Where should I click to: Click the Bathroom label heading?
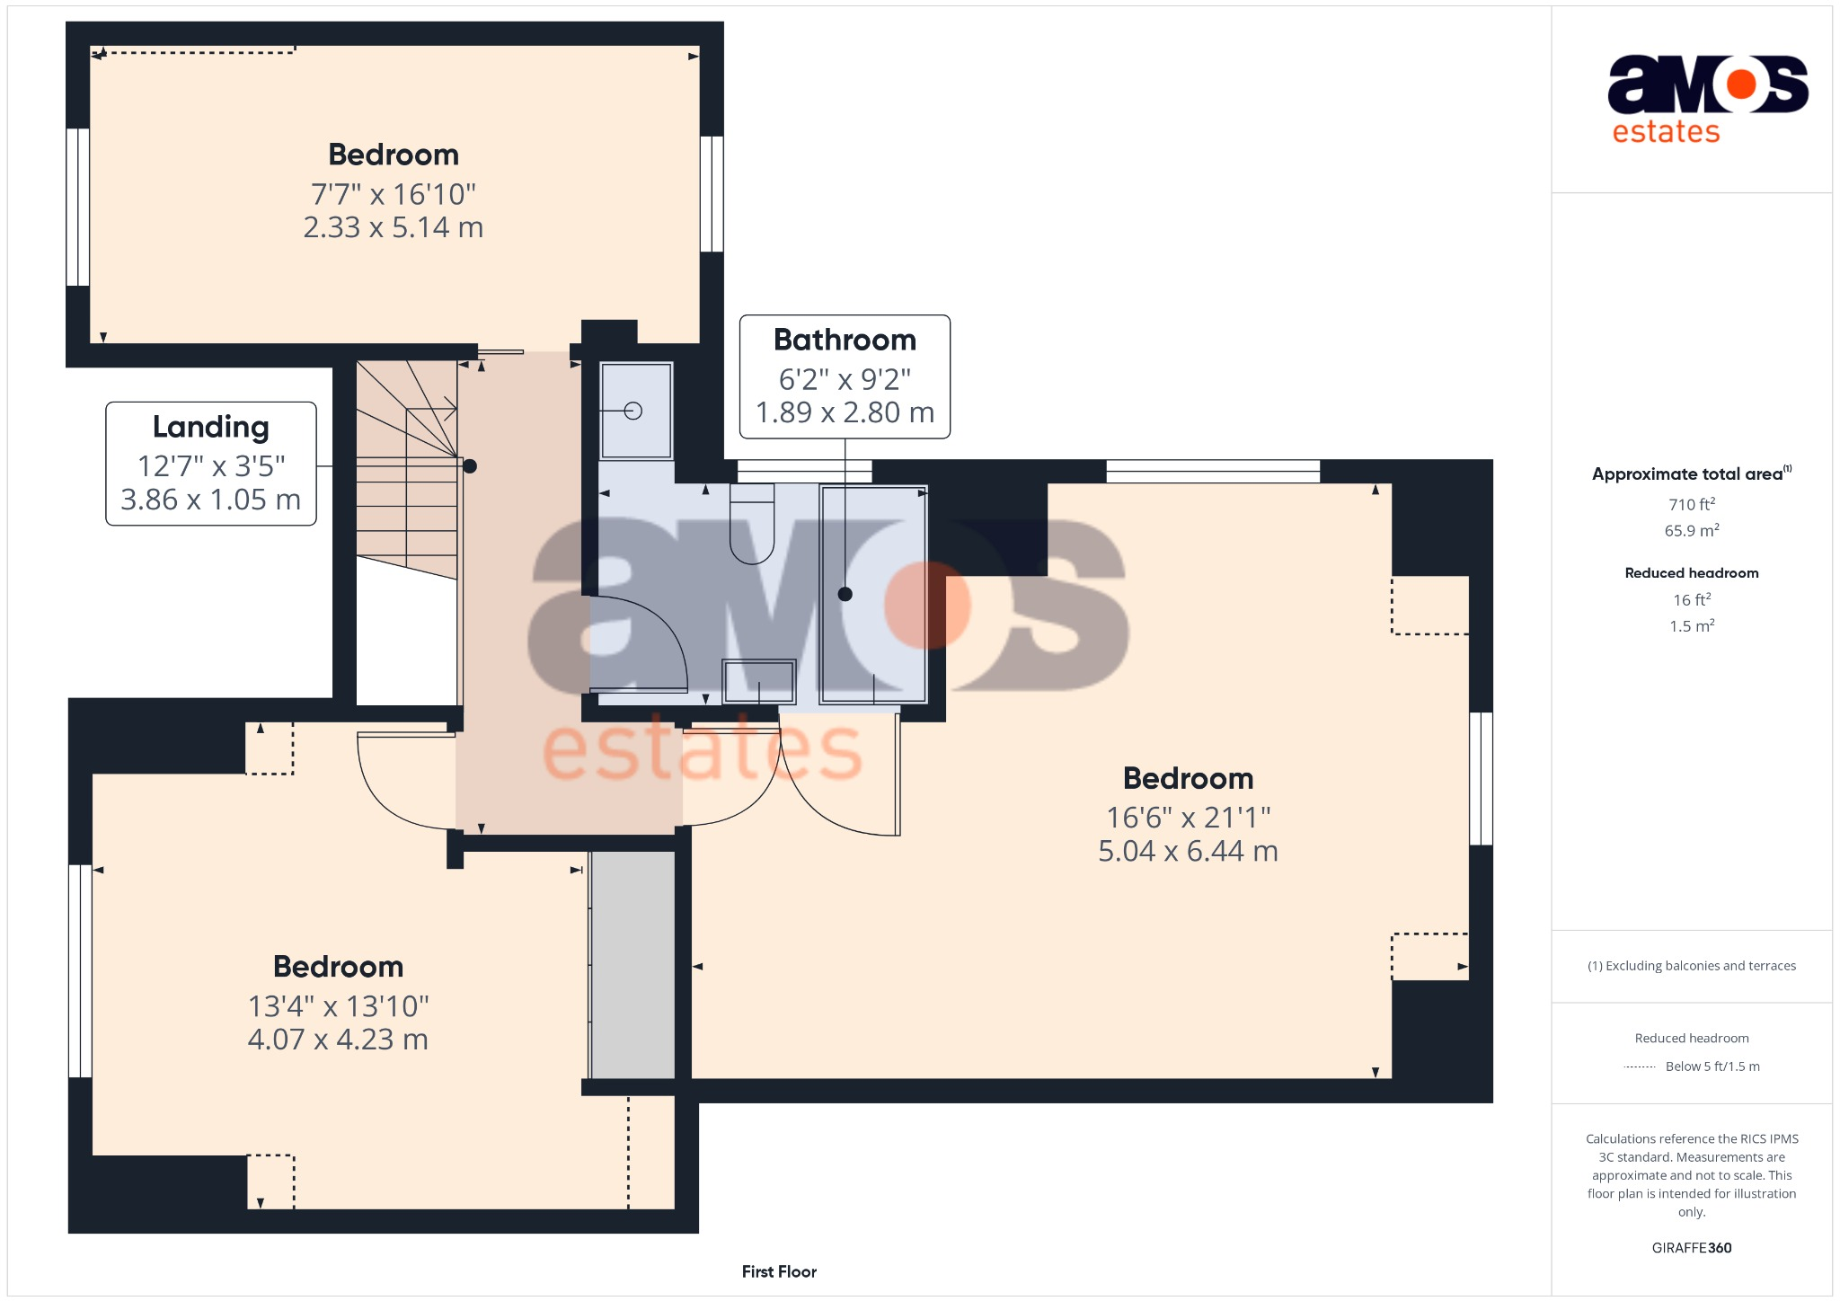click(845, 341)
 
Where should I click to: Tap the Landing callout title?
click(210, 427)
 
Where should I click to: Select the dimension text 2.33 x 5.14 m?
click(393, 227)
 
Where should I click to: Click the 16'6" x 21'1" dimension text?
click(1188, 818)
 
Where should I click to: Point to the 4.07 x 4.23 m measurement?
click(338, 1040)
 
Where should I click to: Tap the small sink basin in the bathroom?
click(759, 682)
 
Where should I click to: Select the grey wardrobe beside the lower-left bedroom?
click(633, 964)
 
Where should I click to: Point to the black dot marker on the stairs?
click(470, 466)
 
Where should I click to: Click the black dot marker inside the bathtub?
click(845, 594)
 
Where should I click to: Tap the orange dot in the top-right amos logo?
click(1741, 84)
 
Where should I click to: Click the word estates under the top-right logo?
click(1666, 132)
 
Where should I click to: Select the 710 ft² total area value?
click(1692, 505)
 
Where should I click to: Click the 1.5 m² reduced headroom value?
click(1692, 626)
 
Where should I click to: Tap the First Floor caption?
click(779, 1271)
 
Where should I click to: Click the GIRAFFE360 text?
click(1692, 1248)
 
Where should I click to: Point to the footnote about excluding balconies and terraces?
click(1692, 966)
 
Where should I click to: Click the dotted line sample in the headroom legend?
click(1640, 1067)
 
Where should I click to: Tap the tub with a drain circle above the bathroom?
click(636, 411)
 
